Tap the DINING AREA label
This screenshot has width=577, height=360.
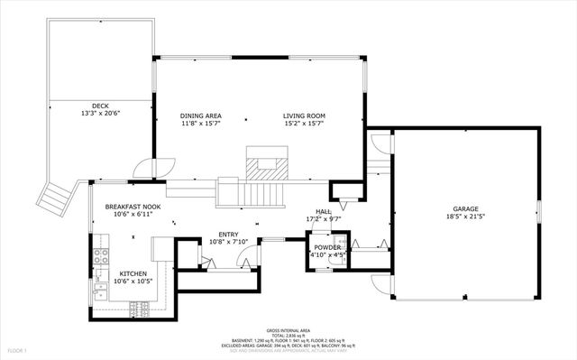pos(200,116)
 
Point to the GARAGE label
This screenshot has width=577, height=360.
pos(465,209)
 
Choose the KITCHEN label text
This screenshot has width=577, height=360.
pos(133,273)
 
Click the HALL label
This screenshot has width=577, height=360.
pos(325,211)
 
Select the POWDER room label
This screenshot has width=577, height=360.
pos(326,247)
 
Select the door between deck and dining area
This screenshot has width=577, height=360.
pos(142,168)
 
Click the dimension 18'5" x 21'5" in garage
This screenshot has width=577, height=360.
pos(465,217)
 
